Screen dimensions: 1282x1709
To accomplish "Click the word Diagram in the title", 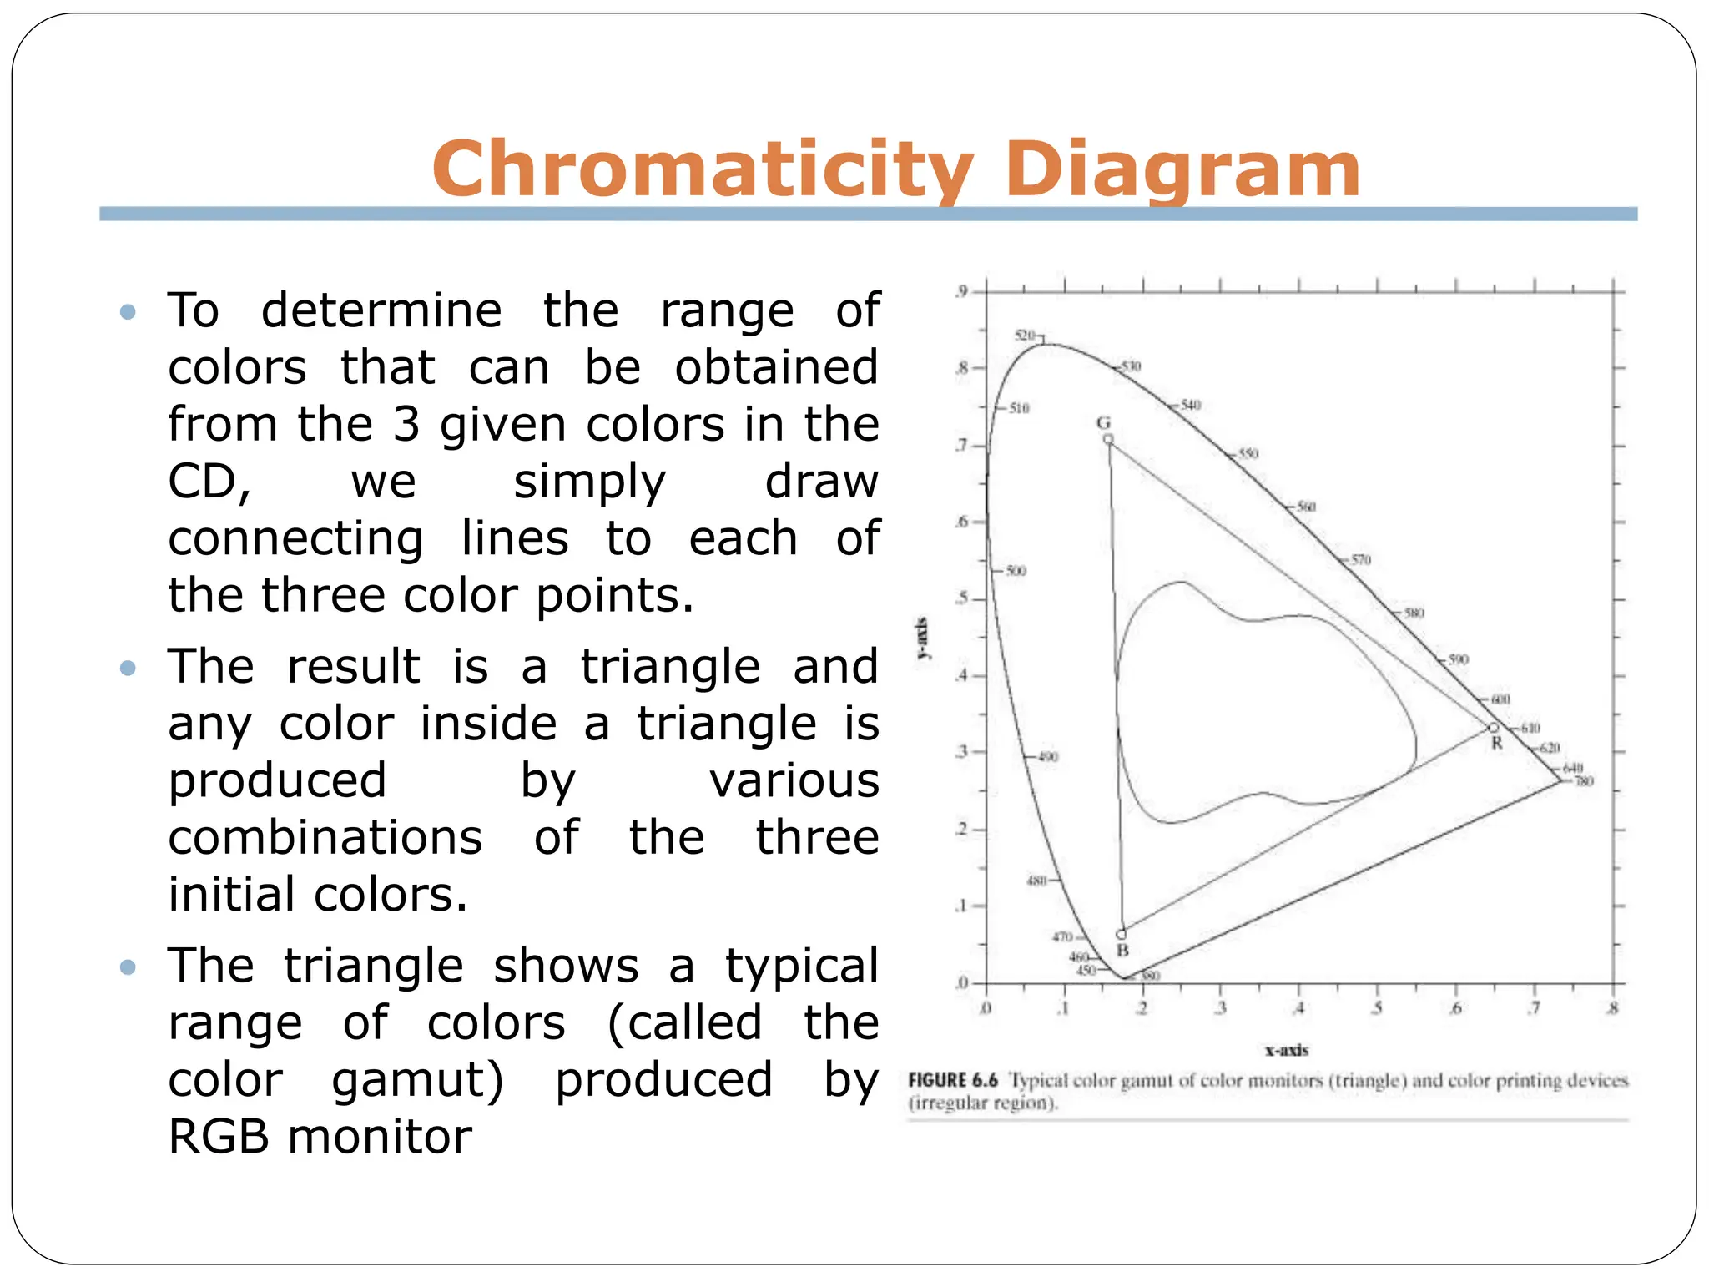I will [x=1182, y=169].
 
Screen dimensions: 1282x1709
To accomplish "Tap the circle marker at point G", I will [x=1108, y=439].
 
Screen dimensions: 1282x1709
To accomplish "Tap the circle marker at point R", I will [x=1494, y=728].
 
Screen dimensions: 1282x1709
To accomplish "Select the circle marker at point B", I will [x=1122, y=935].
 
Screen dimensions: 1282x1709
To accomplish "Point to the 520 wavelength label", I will [x=1025, y=336].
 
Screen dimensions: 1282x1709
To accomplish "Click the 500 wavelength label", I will [x=1016, y=571].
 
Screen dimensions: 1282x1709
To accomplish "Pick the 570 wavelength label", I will [x=1361, y=560].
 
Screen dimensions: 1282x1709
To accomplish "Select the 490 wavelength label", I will [x=1048, y=757].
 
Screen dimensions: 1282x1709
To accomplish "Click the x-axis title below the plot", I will [x=1287, y=1051].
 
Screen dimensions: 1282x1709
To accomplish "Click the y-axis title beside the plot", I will [x=922, y=638].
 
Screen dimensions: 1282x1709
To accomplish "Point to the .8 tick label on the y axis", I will [x=962, y=367].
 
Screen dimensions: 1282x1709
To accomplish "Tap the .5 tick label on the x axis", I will [x=1377, y=1008].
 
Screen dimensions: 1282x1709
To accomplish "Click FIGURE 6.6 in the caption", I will [x=953, y=1081].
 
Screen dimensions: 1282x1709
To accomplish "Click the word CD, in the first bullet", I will [x=209, y=482].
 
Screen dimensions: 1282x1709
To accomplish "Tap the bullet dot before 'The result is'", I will [x=128, y=668].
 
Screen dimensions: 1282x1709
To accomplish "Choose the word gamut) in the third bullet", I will [x=417, y=1080].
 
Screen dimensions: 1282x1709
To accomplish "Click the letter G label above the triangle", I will [x=1103, y=422].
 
